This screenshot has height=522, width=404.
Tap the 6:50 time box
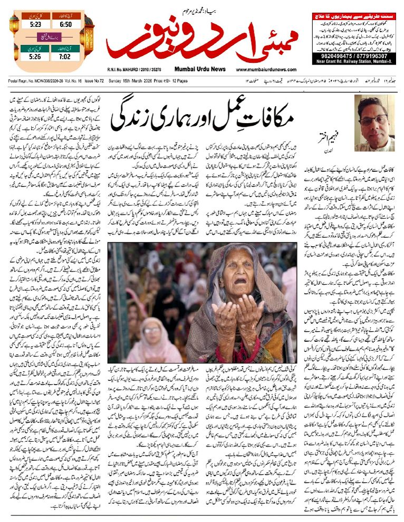click(x=66, y=24)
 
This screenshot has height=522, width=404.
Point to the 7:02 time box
click(x=66, y=55)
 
